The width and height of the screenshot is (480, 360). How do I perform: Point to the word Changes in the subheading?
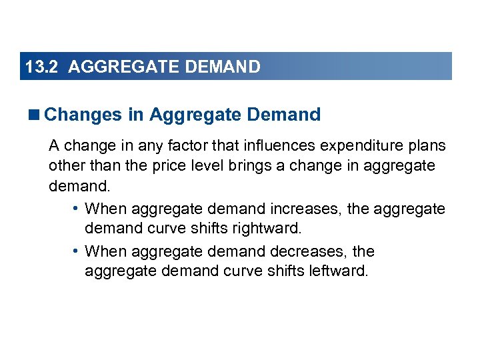point(84,115)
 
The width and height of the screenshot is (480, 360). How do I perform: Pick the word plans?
point(427,146)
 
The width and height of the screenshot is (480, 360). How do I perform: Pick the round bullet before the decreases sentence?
point(77,251)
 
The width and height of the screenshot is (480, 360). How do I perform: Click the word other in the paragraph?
point(65,165)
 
